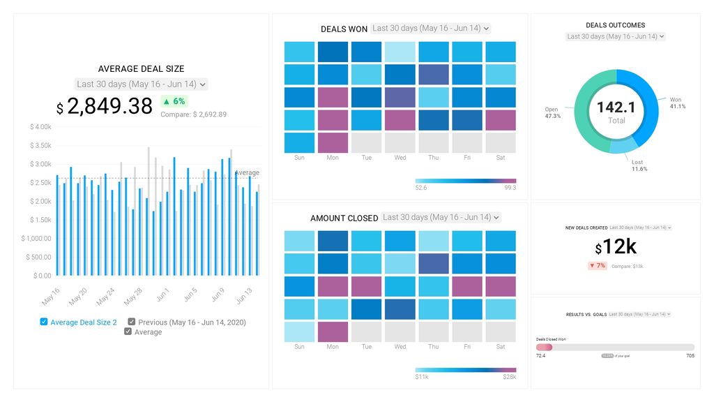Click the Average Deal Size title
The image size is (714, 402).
point(141,69)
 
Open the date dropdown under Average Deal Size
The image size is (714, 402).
point(141,84)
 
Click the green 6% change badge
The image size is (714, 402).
point(174,101)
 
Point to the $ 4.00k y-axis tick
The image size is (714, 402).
point(40,127)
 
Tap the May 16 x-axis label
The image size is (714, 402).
point(51,296)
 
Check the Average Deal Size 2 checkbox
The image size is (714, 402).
point(44,322)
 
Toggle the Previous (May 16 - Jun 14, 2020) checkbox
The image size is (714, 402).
point(132,322)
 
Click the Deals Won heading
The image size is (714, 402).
point(344,29)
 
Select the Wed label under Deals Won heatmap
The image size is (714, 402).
point(400,158)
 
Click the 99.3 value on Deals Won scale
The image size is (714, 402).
point(510,188)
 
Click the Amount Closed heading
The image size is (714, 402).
point(344,218)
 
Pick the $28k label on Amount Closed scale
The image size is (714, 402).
point(509,377)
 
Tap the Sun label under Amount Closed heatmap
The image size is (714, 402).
point(299,347)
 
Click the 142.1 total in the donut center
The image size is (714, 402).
point(616,107)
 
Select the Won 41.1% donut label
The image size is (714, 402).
point(677,103)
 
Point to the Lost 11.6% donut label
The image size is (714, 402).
point(639,165)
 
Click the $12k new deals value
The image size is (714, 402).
point(616,247)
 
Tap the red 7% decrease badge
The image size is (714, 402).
point(597,266)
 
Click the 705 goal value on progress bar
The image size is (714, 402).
point(690,356)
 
